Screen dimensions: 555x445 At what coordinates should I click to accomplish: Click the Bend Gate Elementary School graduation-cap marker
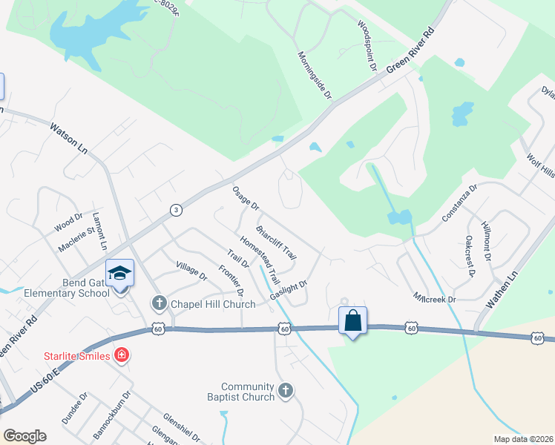pos(119,274)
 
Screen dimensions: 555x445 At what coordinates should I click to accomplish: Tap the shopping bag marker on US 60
pos(352,321)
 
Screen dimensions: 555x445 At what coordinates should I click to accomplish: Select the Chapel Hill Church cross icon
pos(158,303)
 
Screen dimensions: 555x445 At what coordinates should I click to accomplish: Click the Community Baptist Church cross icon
pos(286,390)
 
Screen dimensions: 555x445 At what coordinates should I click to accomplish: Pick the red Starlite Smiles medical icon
pos(121,357)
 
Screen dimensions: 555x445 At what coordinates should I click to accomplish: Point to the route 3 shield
pos(175,210)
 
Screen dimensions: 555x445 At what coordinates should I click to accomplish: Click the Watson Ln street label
pos(68,139)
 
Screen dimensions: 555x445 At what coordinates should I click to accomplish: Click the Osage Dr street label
pos(246,197)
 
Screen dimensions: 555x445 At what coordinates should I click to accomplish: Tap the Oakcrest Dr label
pos(470,255)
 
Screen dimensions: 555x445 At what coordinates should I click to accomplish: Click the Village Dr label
pos(191,271)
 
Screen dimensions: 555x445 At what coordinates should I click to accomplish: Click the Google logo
pos(24,435)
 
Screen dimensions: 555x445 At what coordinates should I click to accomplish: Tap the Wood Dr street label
pos(68,220)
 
